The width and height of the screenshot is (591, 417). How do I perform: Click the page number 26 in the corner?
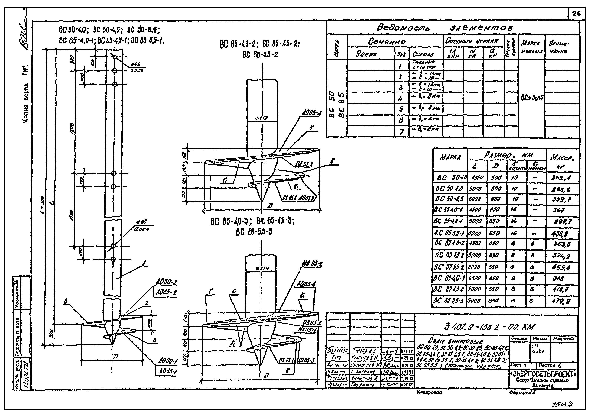coord(576,14)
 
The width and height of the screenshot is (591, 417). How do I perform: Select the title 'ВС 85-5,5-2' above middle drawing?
coord(260,55)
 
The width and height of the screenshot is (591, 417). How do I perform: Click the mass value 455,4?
coord(562,267)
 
